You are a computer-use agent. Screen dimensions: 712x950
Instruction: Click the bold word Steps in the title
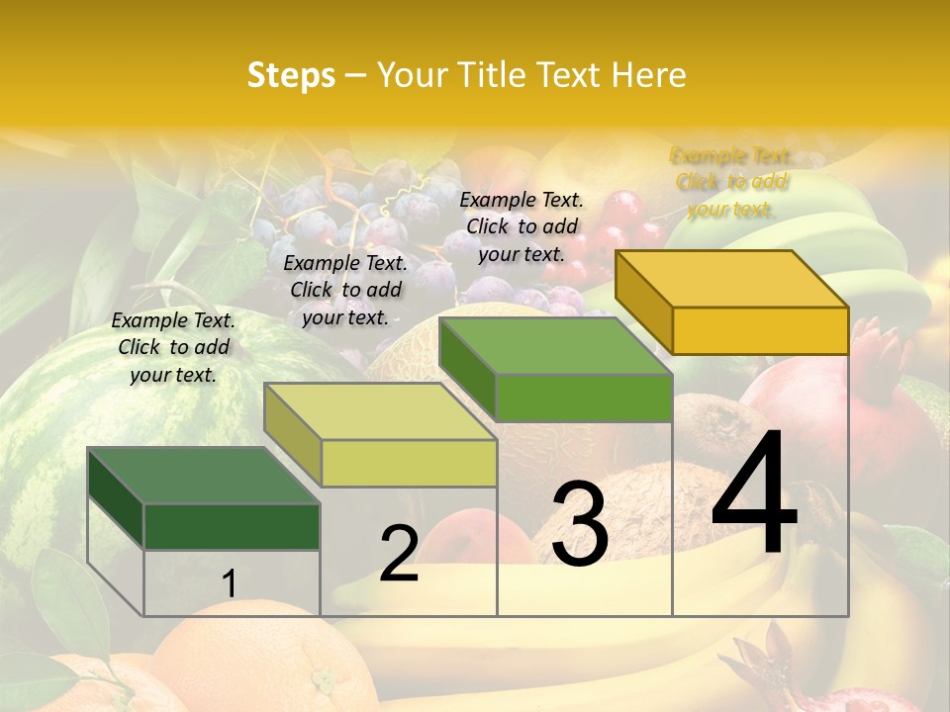[290, 75]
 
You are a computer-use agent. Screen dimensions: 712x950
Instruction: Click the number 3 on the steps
[579, 524]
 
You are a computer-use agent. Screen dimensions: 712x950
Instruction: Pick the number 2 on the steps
[399, 554]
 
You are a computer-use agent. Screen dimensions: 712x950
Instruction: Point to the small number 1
[229, 584]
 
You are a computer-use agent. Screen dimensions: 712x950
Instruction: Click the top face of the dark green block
[203, 476]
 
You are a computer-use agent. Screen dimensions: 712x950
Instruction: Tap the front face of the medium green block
[584, 398]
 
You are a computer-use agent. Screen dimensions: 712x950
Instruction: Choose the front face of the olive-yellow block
[409, 463]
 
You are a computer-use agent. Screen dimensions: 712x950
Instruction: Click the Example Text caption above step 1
[173, 347]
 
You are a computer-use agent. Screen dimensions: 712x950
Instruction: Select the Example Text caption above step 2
[345, 290]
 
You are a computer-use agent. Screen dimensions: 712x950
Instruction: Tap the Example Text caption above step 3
[522, 226]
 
